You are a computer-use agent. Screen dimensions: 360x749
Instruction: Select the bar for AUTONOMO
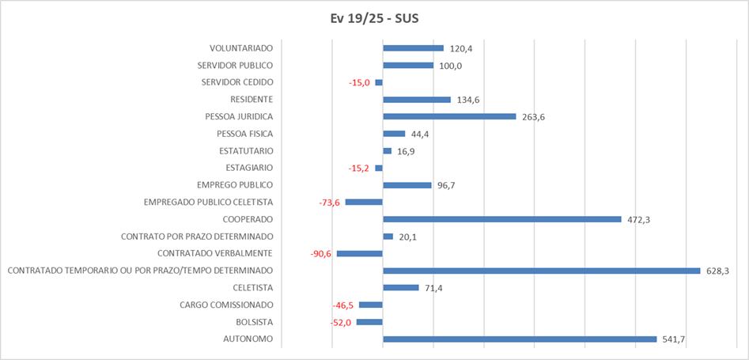(x=520, y=339)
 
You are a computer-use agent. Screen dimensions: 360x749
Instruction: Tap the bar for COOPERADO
(x=501, y=219)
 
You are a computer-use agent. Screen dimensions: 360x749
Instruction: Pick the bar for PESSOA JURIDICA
(x=449, y=116)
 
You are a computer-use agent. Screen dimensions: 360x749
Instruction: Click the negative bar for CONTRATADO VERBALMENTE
(x=360, y=253)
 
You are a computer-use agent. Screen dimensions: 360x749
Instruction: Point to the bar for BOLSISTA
(x=369, y=322)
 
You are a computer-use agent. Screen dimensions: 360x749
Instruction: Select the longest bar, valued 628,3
(x=541, y=271)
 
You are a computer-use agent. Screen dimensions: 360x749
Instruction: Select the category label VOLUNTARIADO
(x=241, y=48)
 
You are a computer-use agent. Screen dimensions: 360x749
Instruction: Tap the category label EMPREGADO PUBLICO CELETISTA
(x=208, y=203)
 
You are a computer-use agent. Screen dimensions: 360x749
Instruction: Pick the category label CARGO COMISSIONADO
(x=226, y=305)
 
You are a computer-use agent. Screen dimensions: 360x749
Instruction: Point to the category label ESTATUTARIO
(x=246, y=151)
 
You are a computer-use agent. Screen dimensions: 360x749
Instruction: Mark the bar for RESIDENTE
(x=416, y=100)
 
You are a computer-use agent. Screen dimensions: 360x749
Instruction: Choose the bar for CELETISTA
(x=400, y=287)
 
